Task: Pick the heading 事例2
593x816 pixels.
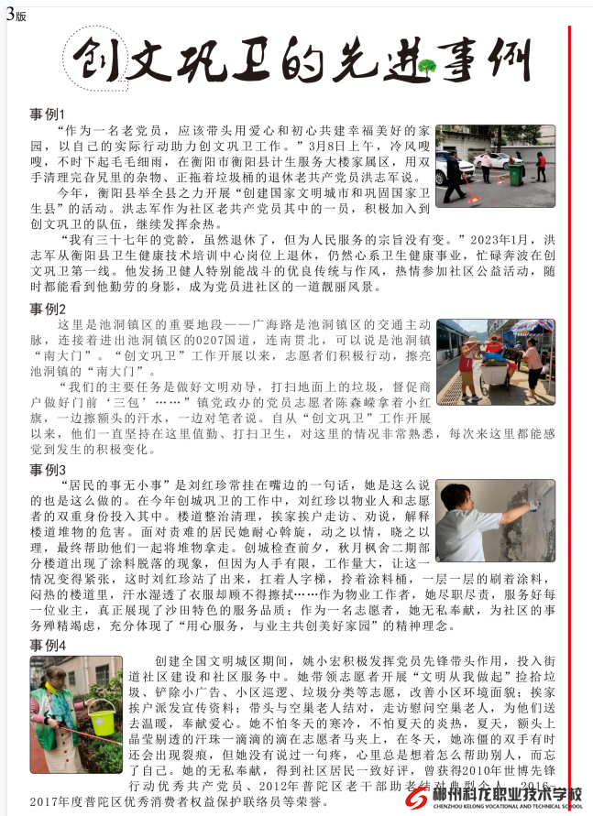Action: [48, 308]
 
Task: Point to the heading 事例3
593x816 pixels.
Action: [48, 470]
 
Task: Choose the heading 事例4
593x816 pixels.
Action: [48, 647]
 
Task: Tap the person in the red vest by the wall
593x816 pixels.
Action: [541, 165]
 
